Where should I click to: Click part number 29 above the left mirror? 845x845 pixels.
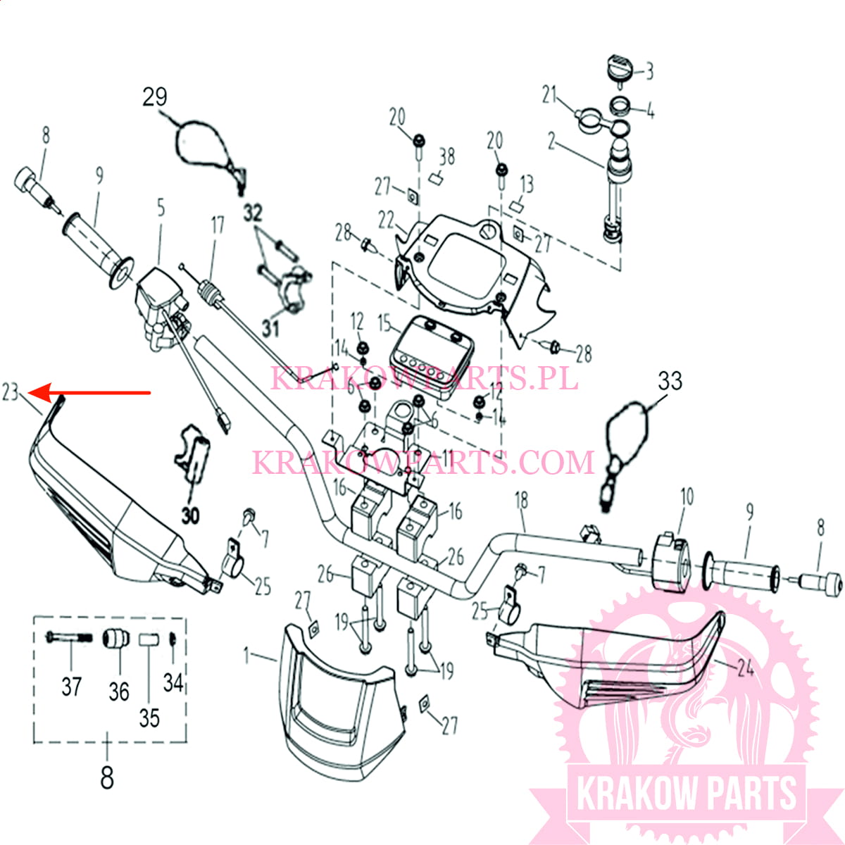(x=155, y=96)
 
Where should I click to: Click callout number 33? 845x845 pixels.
(x=670, y=381)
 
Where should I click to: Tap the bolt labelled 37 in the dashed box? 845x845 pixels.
(x=69, y=638)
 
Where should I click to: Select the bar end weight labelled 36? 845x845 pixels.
(x=115, y=642)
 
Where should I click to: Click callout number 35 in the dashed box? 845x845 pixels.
(x=149, y=718)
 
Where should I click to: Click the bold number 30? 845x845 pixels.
(x=190, y=515)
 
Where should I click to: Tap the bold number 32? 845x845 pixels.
(x=253, y=213)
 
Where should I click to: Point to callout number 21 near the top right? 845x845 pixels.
(x=549, y=94)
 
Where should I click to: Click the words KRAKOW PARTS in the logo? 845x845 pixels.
(x=686, y=794)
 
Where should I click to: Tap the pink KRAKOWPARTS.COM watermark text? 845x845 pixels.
(x=423, y=463)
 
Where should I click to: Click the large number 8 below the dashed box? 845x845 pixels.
(x=106, y=778)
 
